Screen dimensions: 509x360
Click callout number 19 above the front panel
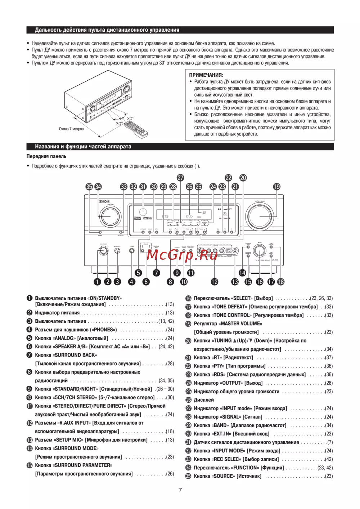[x=276, y=187]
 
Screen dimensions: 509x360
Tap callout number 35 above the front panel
[x=89, y=187]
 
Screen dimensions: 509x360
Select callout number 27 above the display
[x=180, y=178]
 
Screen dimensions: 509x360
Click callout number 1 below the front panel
[x=97, y=282]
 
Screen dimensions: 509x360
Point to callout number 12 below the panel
[x=215, y=282]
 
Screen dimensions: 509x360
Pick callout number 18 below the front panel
[x=280, y=282]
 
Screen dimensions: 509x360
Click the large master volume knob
[x=259, y=216]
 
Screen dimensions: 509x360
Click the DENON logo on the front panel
[x=104, y=201]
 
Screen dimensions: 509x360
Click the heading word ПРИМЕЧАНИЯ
[x=206, y=75]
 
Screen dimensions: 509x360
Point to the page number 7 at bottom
[x=180, y=490]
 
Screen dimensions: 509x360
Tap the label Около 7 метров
[x=71, y=129]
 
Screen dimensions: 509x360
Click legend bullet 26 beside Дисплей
[x=188, y=400]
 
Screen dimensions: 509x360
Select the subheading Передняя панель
[x=46, y=156]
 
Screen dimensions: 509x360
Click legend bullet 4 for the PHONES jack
[x=30, y=330]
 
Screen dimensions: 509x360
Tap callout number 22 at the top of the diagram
[x=228, y=178]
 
